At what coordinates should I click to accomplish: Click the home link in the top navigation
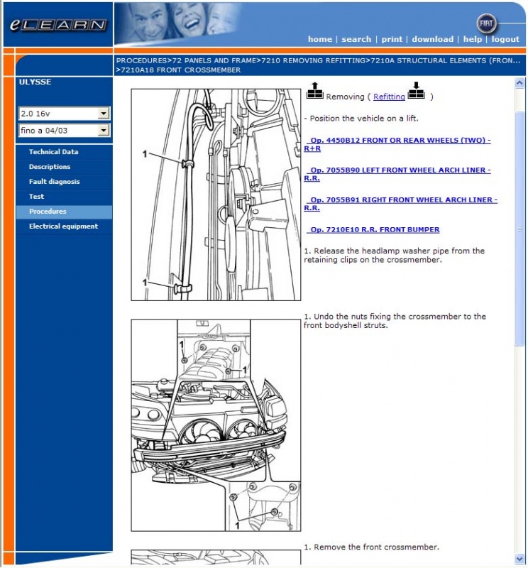(x=319, y=39)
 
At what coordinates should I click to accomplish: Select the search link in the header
(x=356, y=39)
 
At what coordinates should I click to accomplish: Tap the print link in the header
(x=392, y=39)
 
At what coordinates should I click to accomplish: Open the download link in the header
(x=432, y=39)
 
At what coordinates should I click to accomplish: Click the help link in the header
(x=472, y=39)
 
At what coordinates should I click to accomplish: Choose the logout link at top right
(x=505, y=39)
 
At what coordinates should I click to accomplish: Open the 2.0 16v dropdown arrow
(x=104, y=114)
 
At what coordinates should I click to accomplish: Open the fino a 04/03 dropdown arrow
(x=104, y=131)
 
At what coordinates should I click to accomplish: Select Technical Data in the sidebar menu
(x=53, y=152)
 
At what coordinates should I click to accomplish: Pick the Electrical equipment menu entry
(x=63, y=226)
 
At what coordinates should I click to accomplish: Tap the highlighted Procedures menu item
(x=48, y=212)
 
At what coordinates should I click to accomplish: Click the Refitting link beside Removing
(x=389, y=97)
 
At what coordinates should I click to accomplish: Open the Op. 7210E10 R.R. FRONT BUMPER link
(x=374, y=229)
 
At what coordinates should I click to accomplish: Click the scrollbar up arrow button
(x=519, y=82)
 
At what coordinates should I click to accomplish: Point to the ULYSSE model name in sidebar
(x=35, y=82)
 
